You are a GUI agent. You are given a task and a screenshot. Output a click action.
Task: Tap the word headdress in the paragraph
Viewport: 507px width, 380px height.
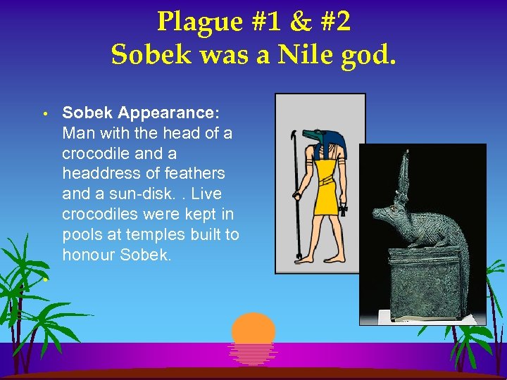(x=99, y=173)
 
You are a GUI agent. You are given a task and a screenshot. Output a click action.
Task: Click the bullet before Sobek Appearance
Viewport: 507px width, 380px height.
(x=44, y=113)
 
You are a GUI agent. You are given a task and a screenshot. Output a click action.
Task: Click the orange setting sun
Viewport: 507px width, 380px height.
(x=254, y=330)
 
